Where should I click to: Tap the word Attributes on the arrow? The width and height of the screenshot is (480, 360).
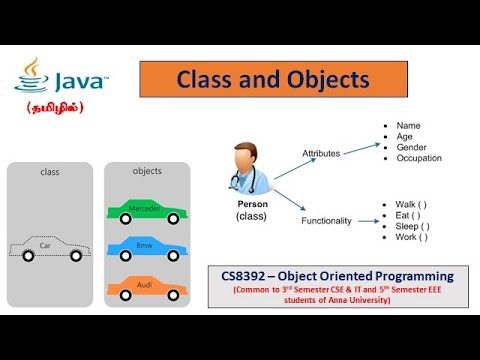321,153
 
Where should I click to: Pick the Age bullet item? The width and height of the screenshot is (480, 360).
404,136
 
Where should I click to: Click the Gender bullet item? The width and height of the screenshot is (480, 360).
410,148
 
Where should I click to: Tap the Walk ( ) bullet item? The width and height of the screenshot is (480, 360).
411,205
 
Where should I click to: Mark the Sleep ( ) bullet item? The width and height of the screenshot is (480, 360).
413,227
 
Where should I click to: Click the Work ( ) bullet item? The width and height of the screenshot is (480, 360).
411,238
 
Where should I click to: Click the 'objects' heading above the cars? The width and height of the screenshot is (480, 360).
147,171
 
